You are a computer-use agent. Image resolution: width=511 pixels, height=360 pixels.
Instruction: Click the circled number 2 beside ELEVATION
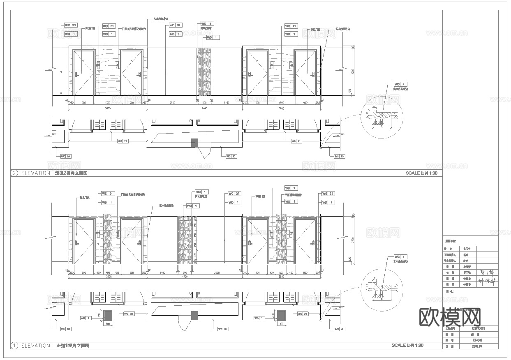click(x=15, y=173)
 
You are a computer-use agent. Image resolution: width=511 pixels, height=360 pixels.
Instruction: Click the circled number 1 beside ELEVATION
click(x=15, y=346)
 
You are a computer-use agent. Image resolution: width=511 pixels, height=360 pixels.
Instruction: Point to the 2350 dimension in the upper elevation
click(x=172, y=102)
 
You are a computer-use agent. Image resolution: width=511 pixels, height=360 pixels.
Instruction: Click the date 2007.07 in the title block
click(x=477, y=346)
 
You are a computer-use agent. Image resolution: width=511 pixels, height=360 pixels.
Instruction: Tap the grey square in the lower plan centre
click(x=194, y=316)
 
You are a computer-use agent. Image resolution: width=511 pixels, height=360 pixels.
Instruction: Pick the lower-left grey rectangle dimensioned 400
click(x=108, y=316)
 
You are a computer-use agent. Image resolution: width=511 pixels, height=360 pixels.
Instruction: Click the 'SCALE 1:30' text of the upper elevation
click(x=421, y=173)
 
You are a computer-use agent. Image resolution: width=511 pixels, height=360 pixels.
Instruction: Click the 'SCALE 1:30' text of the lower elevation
click(x=407, y=346)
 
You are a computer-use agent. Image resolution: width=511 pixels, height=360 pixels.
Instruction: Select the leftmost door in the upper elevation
click(x=83, y=73)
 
